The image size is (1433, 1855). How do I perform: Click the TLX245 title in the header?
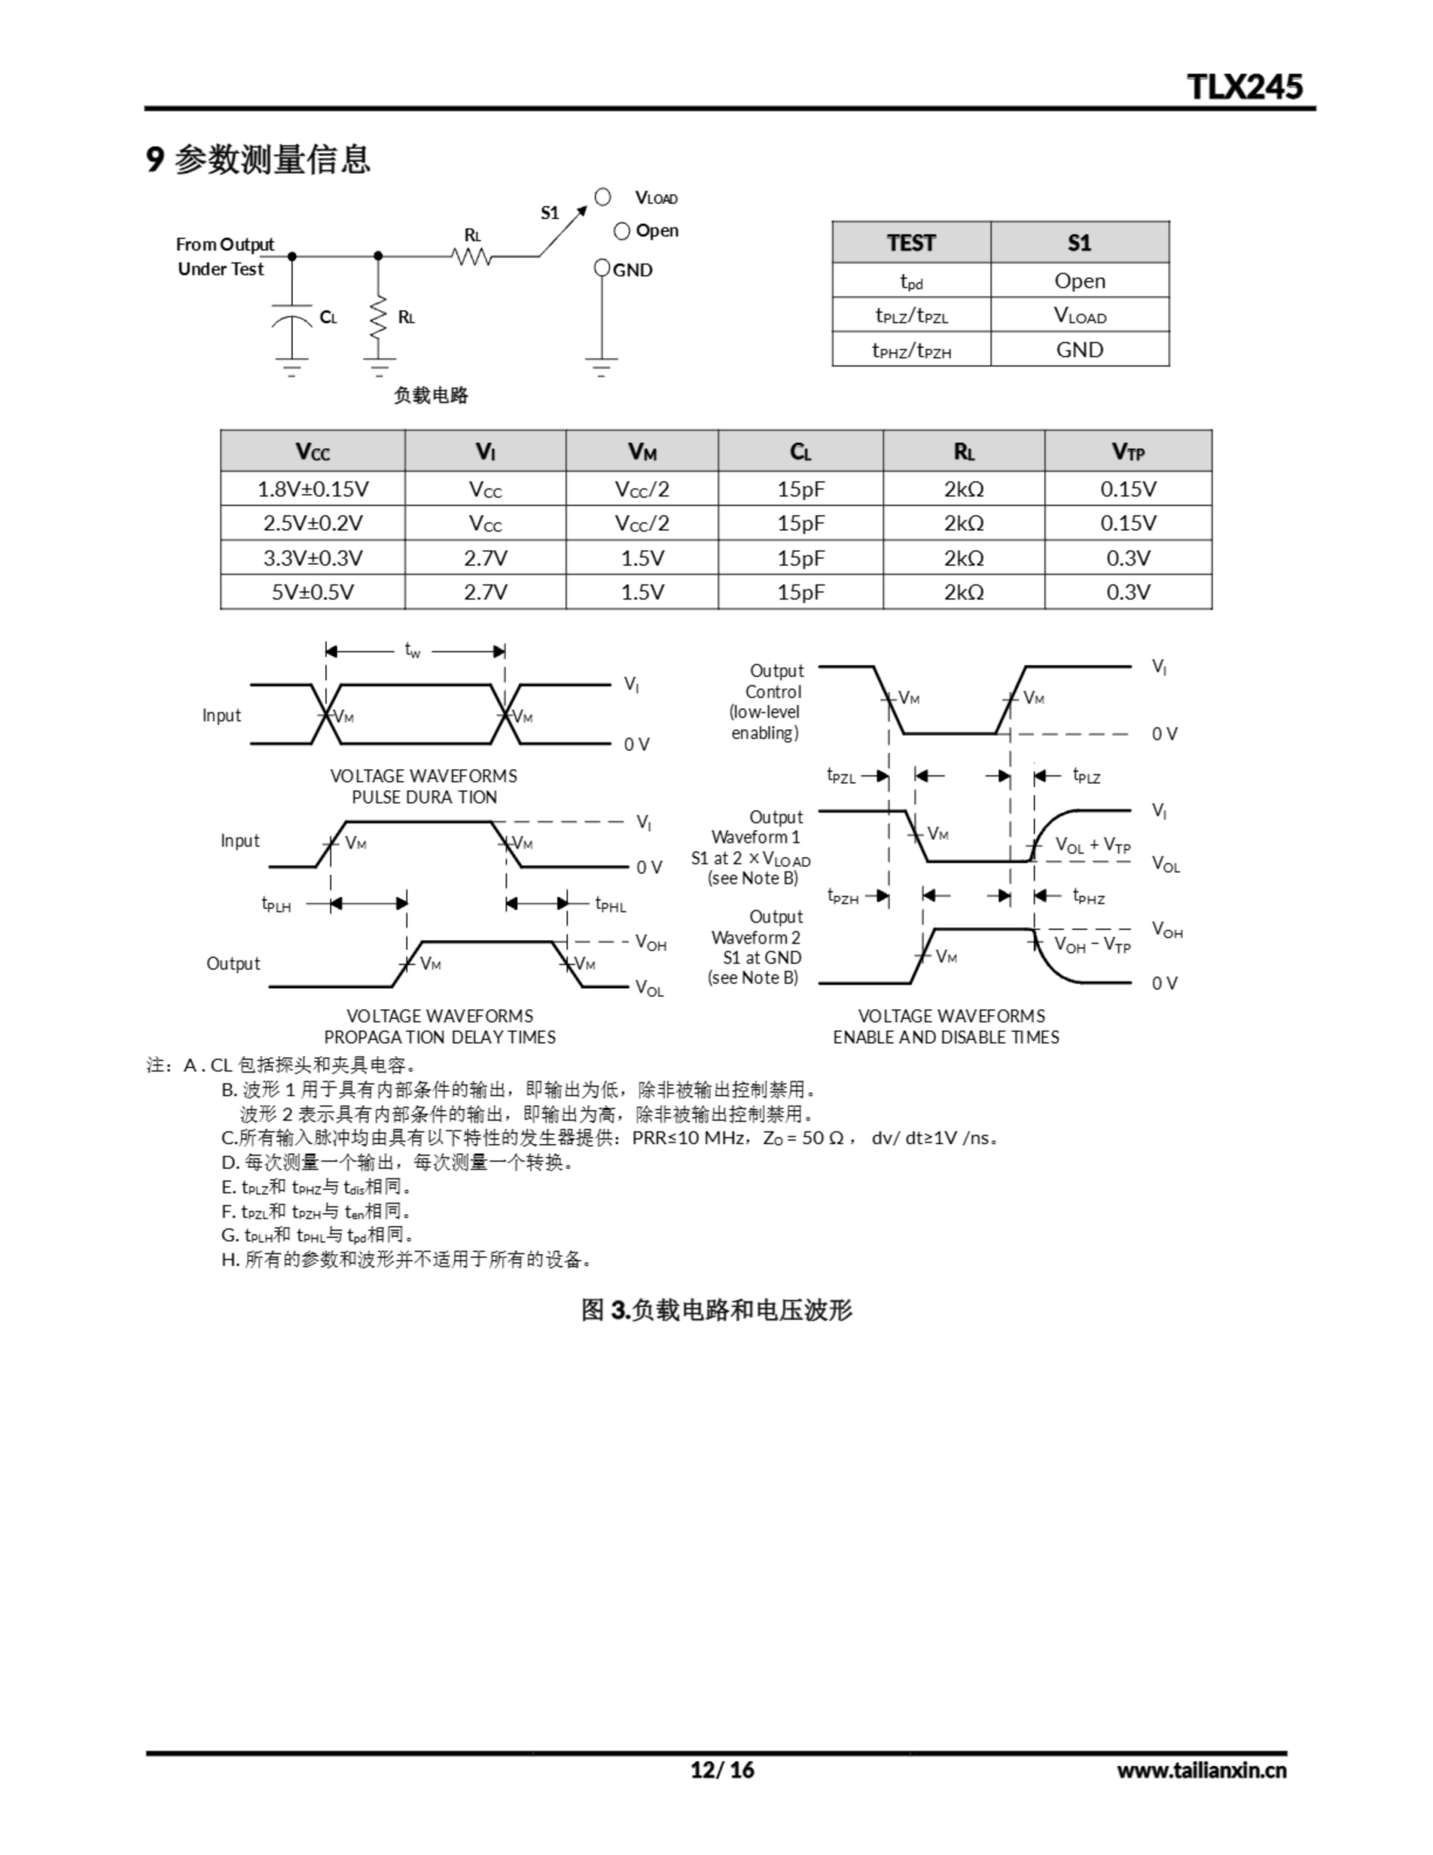[1245, 87]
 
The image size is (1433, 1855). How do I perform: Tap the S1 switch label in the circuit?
[550, 213]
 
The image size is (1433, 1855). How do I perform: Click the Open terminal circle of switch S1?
[622, 231]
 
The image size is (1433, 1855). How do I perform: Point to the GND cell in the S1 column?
[1079, 350]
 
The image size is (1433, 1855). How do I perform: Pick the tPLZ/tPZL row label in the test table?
[911, 316]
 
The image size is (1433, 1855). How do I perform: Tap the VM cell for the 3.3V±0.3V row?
[641, 558]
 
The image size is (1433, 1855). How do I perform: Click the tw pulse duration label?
[413, 651]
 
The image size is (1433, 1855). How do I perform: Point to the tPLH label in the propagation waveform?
[276, 904]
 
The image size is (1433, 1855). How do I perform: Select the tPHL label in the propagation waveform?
[610, 904]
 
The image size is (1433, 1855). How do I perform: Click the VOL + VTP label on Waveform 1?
[1092, 845]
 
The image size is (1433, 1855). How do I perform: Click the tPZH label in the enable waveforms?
[843, 897]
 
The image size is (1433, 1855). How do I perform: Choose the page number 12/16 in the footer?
[722, 1769]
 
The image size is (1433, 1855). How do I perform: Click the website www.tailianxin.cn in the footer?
[1201, 1770]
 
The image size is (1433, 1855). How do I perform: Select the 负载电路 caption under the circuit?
[430, 395]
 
